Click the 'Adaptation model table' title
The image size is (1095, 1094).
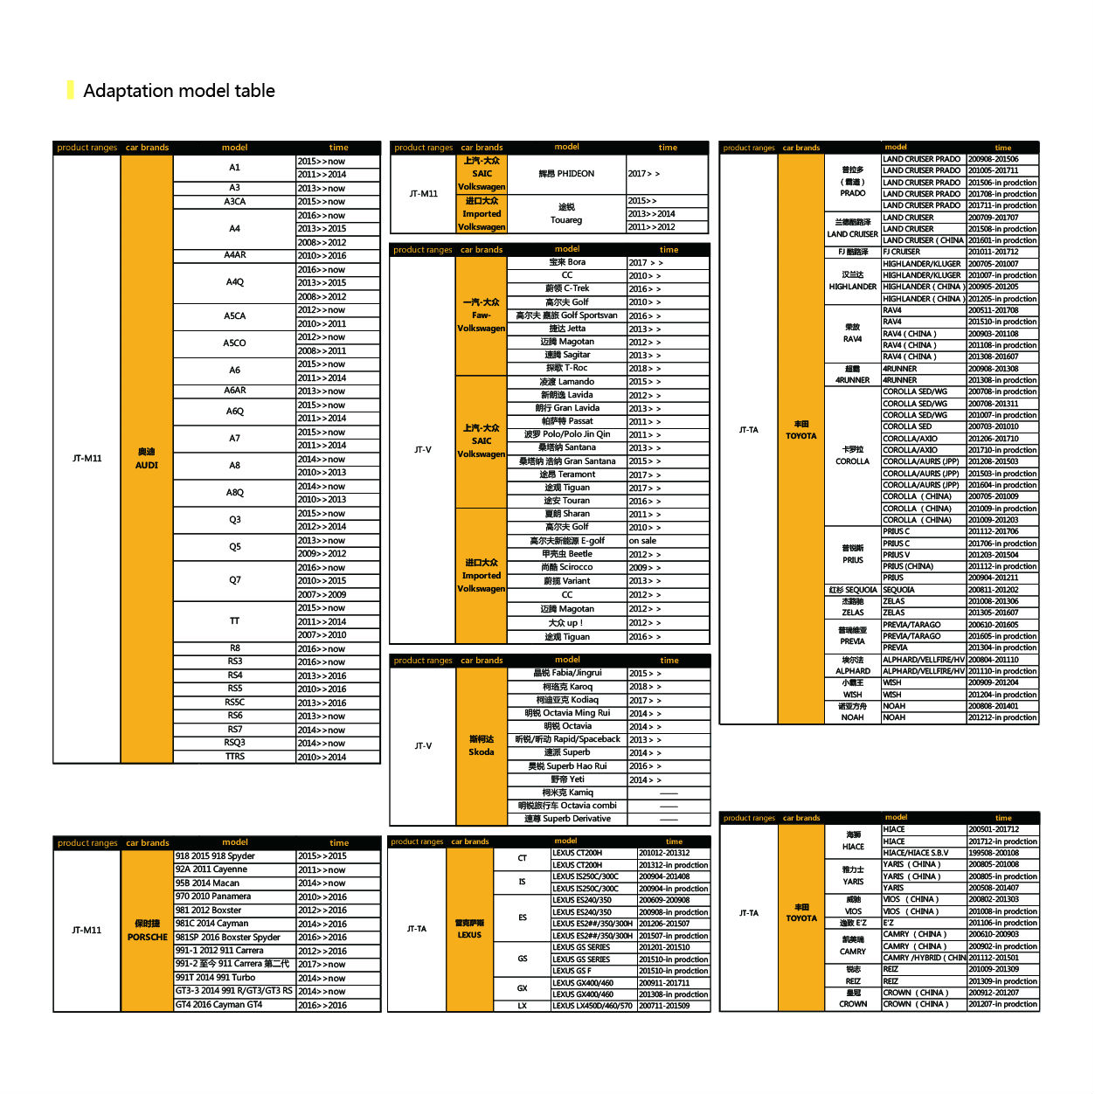pyautogui.click(x=178, y=91)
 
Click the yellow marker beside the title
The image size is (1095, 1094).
pyautogui.click(x=70, y=90)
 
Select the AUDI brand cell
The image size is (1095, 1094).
pyautogui.click(x=146, y=459)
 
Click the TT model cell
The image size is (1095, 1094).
pyautogui.click(x=234, y=621)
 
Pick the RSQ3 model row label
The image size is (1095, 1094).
pyautogui.click(x=234, y=743)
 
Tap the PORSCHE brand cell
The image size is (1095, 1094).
pyautogui.click(x=147, y=931)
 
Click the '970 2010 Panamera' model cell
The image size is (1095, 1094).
pyautogui.click(x=212, y=897)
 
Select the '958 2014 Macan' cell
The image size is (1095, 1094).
pyautogui.click(x=208, y=883)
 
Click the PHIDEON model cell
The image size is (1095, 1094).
pyautogui.click(x=566, y=174)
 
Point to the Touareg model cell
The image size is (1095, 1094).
pyautogui.click(x=566, y=214)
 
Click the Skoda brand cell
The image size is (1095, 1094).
pyautogui.click(x=482, y=745)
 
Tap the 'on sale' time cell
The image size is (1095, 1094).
pyautogui.click(x=642, y=541)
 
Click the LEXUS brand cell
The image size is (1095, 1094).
pyautogui.click(x=469, y=929)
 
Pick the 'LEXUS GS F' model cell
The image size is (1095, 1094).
pyautogui.click(x=572, y=971)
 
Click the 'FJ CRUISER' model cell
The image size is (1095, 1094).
pyautogui.click(x=902, y=252)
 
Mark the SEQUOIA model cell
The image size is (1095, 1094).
pyautogui.click(x=899, y=590)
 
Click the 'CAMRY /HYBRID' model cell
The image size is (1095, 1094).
pyautogui.click(x=923, y=958)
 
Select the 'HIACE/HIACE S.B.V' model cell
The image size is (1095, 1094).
pyautogui.click(x=915, y=853)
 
